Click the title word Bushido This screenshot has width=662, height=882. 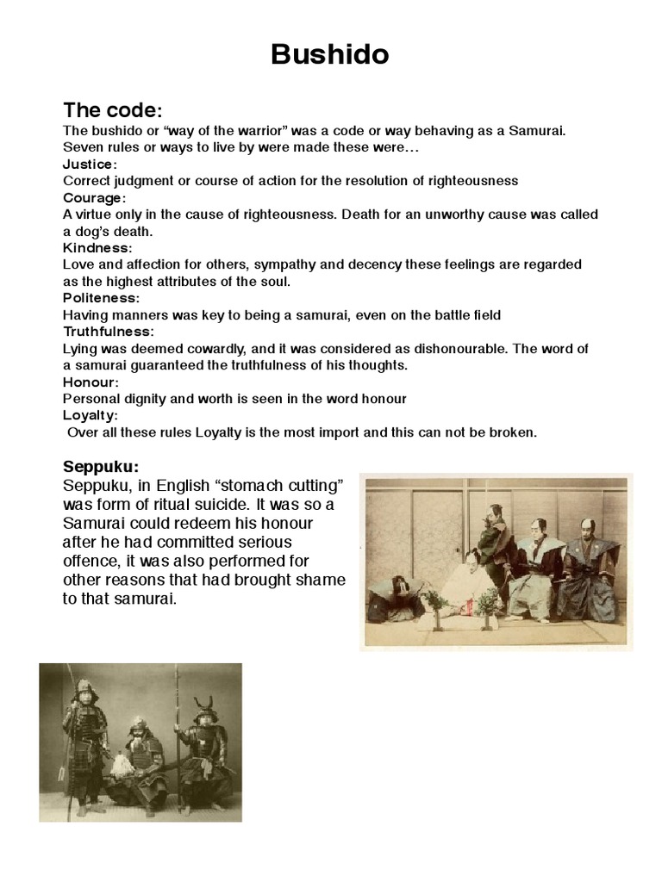pyautogui.click(x=330, y=55)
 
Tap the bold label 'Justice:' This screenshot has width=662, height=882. pyautogui.click(x=90, y=164)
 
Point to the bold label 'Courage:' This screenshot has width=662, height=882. pyautogui.click(x=94, y=197)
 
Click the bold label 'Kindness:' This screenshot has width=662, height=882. pyautogui.click(x=96, y=247)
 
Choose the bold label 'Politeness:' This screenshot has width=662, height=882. pyautogui.click(x=101, y=297)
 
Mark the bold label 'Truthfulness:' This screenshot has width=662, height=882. pyautogui.click(x=108, y=331)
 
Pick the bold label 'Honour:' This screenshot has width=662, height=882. pyautogui.click(x=91, y=382)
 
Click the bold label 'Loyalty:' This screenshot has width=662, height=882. pyautogui.click(x=91, y=415)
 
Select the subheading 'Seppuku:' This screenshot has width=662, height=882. pyautogui.click(x=100, y=467)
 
